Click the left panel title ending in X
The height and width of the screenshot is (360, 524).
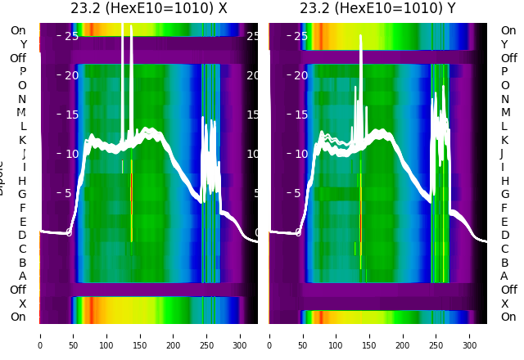coord(148,9)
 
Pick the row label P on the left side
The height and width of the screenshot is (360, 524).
coord(22,72)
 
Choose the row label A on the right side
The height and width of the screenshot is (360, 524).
coord(504,277)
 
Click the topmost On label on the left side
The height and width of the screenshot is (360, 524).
coord(18,31)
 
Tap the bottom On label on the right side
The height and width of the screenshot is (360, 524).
coord(508,317)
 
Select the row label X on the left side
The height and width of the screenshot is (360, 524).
coord(22,304)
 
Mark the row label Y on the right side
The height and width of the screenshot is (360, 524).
coord(504,44)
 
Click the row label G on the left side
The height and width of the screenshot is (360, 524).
coord(22,195)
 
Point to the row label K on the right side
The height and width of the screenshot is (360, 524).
coord(504,140)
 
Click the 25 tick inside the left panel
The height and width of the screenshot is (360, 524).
coord(71,36)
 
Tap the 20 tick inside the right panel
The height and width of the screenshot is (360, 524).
coord(300,75)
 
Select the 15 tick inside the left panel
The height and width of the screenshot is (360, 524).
coord(71,115)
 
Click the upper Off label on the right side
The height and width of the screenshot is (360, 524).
coord(508,58)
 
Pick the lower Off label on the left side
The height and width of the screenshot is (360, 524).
coord(18,290)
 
